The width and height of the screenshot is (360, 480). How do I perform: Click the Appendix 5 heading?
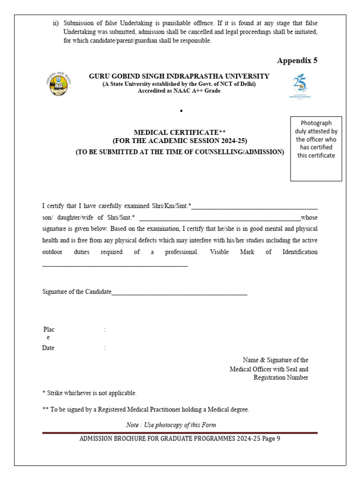coord(297,60)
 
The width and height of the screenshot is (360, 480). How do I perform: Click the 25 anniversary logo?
coord(300,85)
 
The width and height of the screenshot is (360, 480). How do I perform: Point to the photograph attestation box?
coord(316,149)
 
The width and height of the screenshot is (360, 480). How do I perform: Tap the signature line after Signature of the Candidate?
coord(180,293)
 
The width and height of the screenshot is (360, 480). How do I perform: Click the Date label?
coord(48,348)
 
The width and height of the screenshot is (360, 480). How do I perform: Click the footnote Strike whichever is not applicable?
coord(90,393)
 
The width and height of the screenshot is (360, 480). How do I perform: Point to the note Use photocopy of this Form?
coord(171,425)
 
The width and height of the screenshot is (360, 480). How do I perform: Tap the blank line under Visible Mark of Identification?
coord(115,265)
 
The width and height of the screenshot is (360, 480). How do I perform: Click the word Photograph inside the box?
coord(316,123)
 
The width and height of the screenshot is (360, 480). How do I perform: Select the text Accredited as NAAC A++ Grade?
coord(179,91)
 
